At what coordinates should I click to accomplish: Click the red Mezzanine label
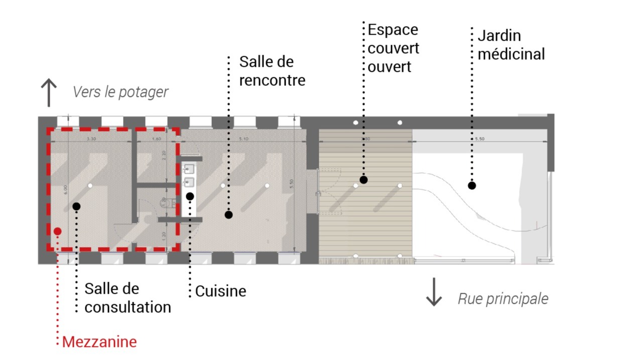99,342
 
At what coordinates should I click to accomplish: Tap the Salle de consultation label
128,298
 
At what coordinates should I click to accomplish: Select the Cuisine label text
220,291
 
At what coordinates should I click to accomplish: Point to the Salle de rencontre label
272,71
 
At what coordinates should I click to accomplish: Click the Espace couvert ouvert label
393,48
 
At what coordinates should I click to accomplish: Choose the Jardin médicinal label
511,45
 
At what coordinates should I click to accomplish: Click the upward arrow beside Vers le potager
48,92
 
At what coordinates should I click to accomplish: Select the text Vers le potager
120,92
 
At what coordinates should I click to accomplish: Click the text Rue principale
503,299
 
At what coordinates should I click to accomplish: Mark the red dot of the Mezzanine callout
58,231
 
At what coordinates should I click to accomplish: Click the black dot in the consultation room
76,206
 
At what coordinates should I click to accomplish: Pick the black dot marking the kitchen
190,196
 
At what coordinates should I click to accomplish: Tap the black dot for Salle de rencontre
228,214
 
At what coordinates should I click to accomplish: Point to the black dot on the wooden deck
363,179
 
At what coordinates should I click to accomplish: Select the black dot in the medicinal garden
471,185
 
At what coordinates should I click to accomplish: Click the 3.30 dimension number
91,138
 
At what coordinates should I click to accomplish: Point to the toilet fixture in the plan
166,203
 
